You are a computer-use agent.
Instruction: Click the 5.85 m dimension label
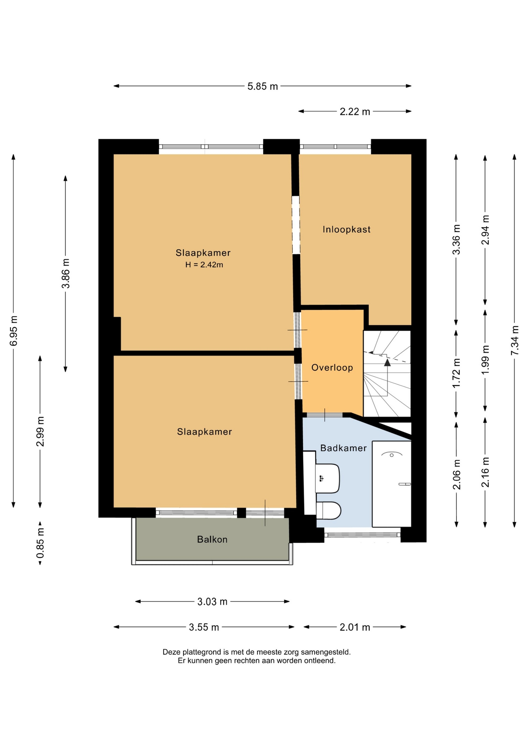coord(262,86)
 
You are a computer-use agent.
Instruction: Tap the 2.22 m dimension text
coord(355,112)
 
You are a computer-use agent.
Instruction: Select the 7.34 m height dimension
coord(515,340)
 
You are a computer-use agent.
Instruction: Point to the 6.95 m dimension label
coord(14,331)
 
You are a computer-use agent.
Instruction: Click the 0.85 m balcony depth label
coord(40,543)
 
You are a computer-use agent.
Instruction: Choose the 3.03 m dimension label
coord(212,601)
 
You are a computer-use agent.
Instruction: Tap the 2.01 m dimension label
coord(355,627)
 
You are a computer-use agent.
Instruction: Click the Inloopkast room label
coord(346,229)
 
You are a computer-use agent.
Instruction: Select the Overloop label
coord(332,368)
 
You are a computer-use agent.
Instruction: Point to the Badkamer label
coord(343,448)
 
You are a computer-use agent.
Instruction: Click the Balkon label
coord(212,539)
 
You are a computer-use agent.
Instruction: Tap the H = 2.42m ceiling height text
coord(204,265)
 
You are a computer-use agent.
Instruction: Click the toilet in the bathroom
coord(329,510)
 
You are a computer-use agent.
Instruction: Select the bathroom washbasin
coord(327,478)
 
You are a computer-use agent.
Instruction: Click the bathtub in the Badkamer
coord(392,484)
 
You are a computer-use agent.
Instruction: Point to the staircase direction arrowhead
coord(387,363)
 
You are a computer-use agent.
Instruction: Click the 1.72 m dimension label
coord(456,373)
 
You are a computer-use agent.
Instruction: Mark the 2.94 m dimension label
coord(485,230)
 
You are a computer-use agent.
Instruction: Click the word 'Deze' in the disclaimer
coord(171,652)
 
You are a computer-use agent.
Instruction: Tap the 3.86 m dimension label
coord(66,274)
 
